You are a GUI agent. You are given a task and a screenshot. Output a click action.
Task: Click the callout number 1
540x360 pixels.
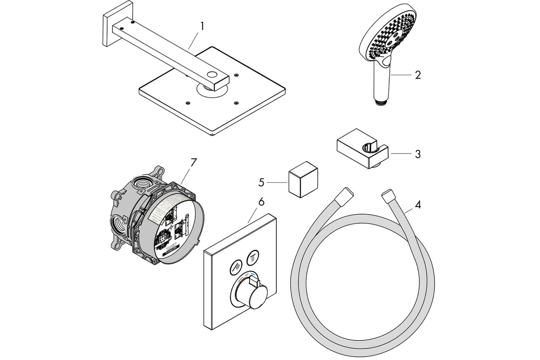(202, 26)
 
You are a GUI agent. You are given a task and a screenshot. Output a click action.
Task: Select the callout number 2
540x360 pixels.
(418, 75)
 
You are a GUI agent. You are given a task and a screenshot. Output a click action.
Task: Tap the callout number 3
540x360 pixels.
(418, 154)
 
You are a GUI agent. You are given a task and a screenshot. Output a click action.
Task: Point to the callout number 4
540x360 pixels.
(418, 205)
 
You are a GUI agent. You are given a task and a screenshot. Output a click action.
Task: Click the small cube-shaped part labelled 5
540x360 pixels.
(302, 181)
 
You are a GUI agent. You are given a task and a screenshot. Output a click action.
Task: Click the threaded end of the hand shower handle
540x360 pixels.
(380, 102)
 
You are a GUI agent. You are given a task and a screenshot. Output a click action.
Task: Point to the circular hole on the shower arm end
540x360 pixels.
(211, 75)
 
